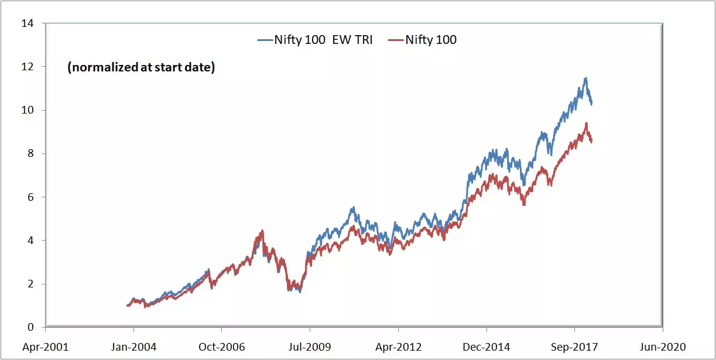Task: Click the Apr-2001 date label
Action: (46, 347)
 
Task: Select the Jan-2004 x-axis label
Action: (133, 347)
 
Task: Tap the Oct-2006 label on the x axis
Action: (221, 347)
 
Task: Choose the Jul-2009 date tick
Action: (310, 347)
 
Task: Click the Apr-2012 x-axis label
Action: (398, 347)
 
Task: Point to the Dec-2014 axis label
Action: (486, 347)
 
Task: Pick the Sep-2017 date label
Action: (574, 347)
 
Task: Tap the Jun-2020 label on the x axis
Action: (662, 347)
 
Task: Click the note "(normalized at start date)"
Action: (141, 68)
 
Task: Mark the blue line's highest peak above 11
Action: (585, 78)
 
